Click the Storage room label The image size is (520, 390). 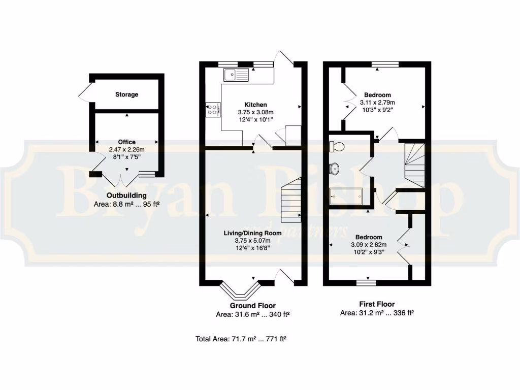click(x=126, y=94)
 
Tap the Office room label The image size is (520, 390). click(x=126, y=142)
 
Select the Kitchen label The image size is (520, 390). click(x=255, y=105)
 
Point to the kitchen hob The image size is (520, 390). click(x=213, y=110)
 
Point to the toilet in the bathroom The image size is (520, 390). click(x=337, y=147)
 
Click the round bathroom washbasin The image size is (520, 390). click(x=335, y=168)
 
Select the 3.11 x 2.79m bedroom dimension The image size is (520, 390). click(x=377, y=103)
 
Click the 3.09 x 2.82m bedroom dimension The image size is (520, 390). click(x=369, y=245)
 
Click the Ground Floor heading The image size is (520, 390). click(x=252, y=306)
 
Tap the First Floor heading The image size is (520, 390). click(x=377, y=305)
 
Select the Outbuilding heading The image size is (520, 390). click(x=126, y=195)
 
